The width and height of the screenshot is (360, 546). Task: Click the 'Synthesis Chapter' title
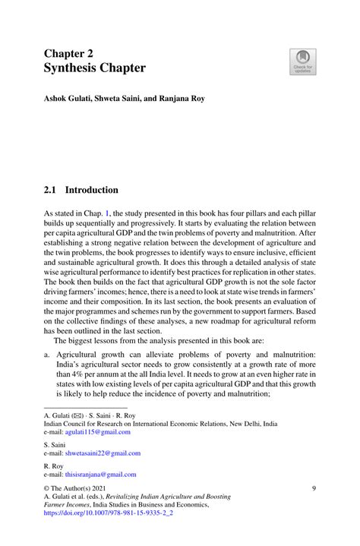(x=95, y=68)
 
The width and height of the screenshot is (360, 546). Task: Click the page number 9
(x=314, y=490)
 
